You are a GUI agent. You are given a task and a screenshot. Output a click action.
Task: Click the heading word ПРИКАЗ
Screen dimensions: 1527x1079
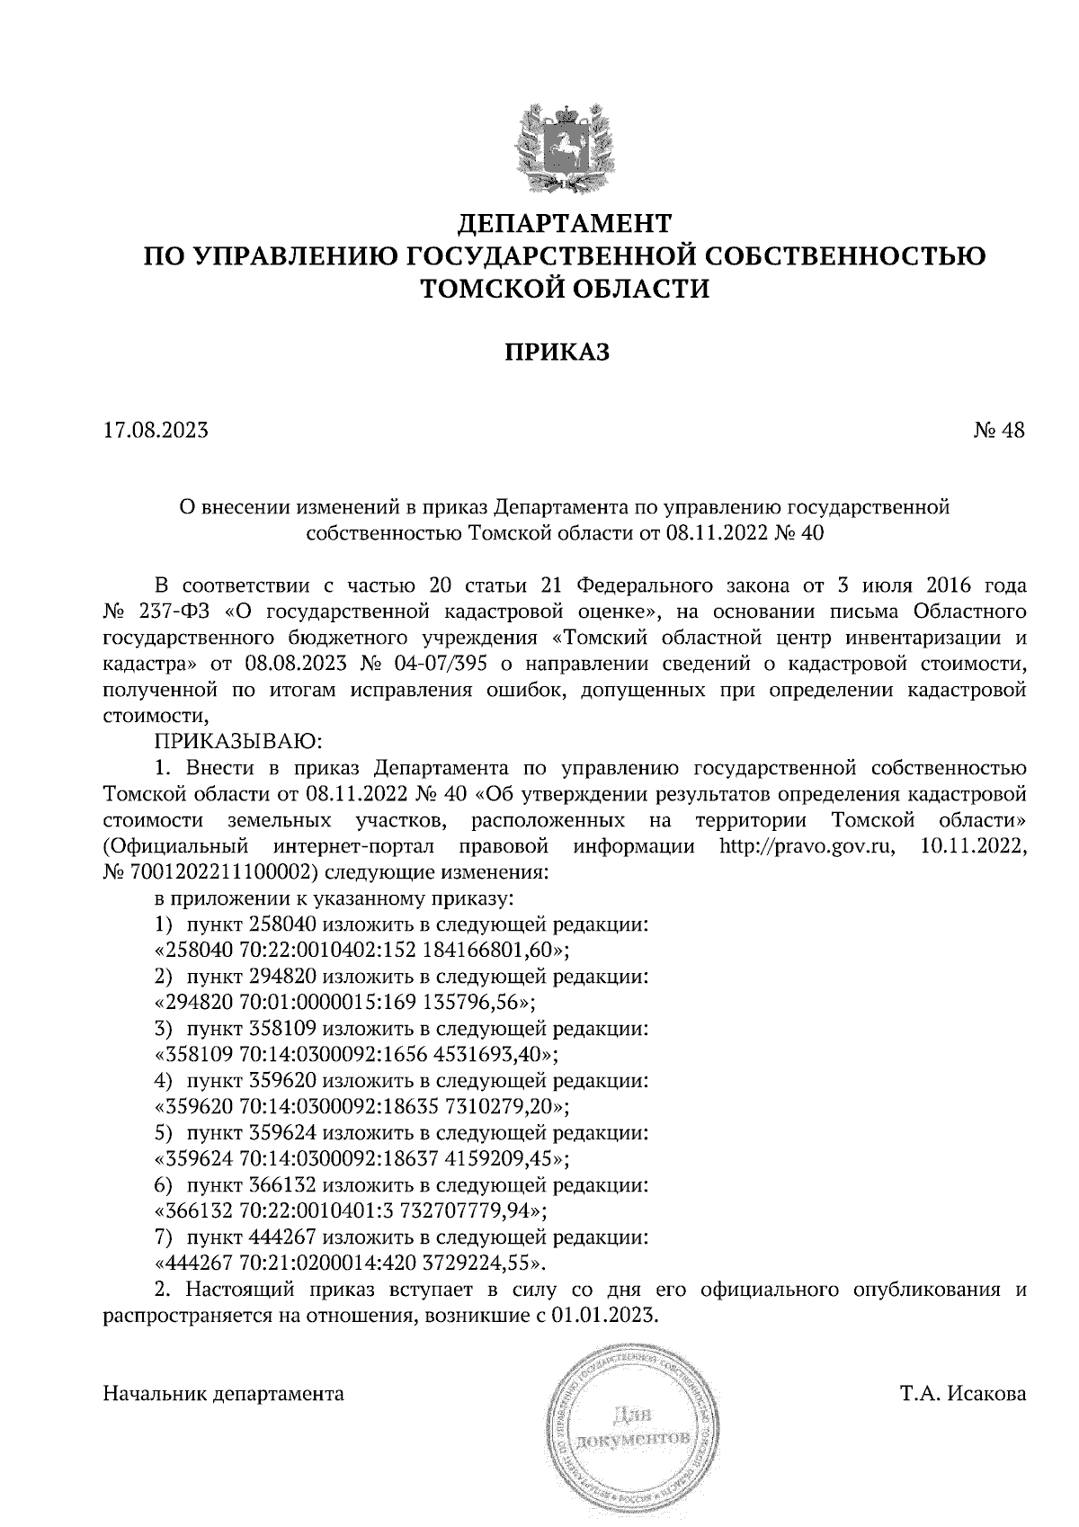click(x=556, y=353)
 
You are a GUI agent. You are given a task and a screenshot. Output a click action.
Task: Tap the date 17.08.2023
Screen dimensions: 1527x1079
click(x=156, y=430)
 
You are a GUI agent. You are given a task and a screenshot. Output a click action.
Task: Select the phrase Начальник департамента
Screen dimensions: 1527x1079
click(x=224, y=1395)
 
